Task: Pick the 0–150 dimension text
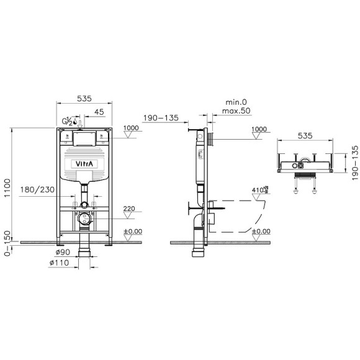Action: pyautogui.click(x=8, y=244)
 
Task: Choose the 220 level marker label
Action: pyautogui.click(x=130, y=209)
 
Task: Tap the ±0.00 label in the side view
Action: pyautogui.click(x=260, y=231)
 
